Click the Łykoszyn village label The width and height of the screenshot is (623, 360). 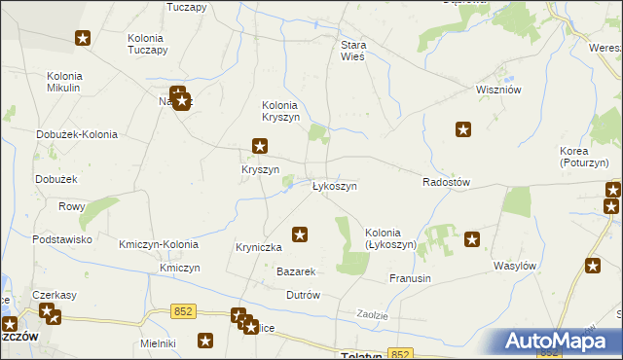tap(334, 186)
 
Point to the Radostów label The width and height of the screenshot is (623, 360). tap(447, 182)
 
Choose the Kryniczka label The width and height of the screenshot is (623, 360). tap(259, 247)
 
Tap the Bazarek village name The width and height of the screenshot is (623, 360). tap(297, 270)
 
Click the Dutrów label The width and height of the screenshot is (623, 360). tap(303, 294)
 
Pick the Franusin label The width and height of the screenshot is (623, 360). tap(410, 278)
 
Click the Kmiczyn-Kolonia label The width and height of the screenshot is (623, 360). tap(159, 244)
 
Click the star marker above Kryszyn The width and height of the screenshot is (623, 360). tap(260, 147)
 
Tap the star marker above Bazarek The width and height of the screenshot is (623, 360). tap(301, 234)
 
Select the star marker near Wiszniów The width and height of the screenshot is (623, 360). tap(464, 128)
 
